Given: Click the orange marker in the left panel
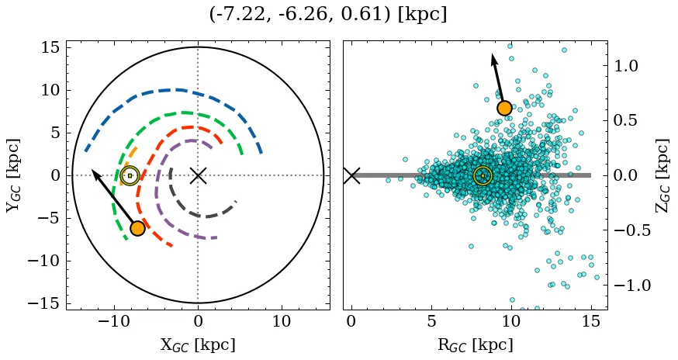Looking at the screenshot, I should (137, 228).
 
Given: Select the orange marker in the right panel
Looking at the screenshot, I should (504, 108).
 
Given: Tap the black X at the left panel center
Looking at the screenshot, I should (198, 175).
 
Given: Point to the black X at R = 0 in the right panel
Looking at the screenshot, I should (351, 175).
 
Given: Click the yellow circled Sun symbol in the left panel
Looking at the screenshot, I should (130, 175).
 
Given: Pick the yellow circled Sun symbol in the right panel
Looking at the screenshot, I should (483, 175).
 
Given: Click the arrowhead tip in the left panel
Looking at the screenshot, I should (92, 170).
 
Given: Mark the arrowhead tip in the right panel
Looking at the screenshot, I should (493, 54).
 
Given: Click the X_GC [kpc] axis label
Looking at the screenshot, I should (198, 345).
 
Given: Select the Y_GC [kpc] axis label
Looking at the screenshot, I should (13, 175).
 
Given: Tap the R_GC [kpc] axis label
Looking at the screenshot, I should (475, 345).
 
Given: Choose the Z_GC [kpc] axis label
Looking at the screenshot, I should (662, 175).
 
